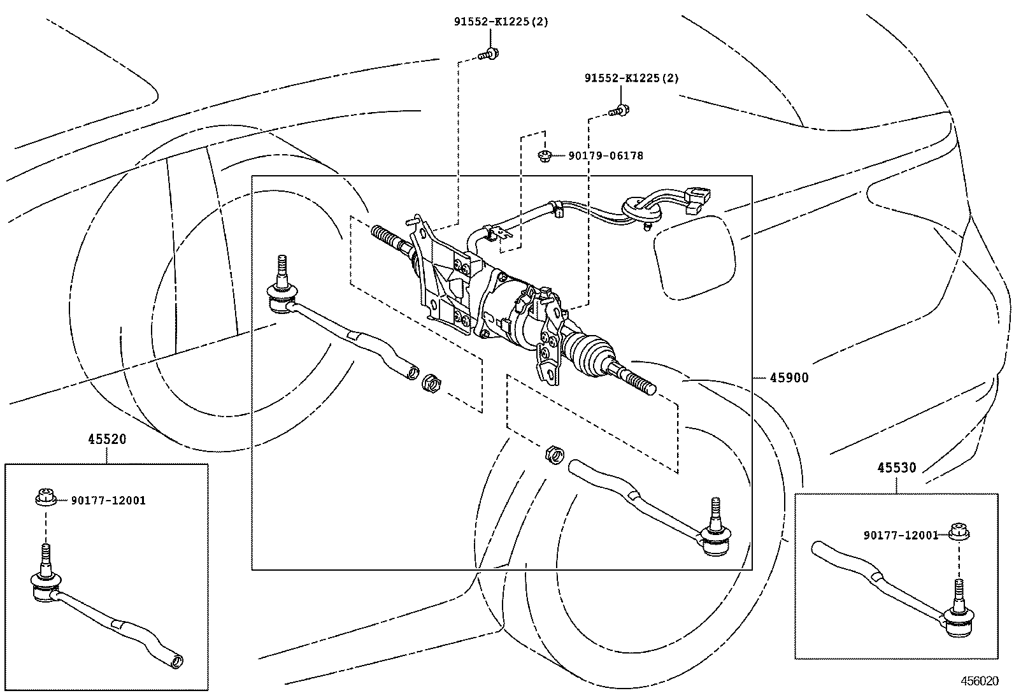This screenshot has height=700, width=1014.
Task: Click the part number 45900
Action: (789, 378)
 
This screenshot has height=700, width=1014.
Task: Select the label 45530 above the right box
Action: (897, 468)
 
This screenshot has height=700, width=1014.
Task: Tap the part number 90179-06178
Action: (606, 155)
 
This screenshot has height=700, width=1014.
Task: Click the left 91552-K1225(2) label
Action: (501, 21)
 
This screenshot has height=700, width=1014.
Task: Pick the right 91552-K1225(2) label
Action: (632, 78)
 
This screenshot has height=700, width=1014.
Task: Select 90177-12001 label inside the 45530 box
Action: (901, 535)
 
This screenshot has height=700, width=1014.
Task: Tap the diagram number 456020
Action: (980, 680)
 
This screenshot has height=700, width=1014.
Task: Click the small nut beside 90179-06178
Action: (545, 155)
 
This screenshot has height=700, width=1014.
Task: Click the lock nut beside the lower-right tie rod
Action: (555, 455)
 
